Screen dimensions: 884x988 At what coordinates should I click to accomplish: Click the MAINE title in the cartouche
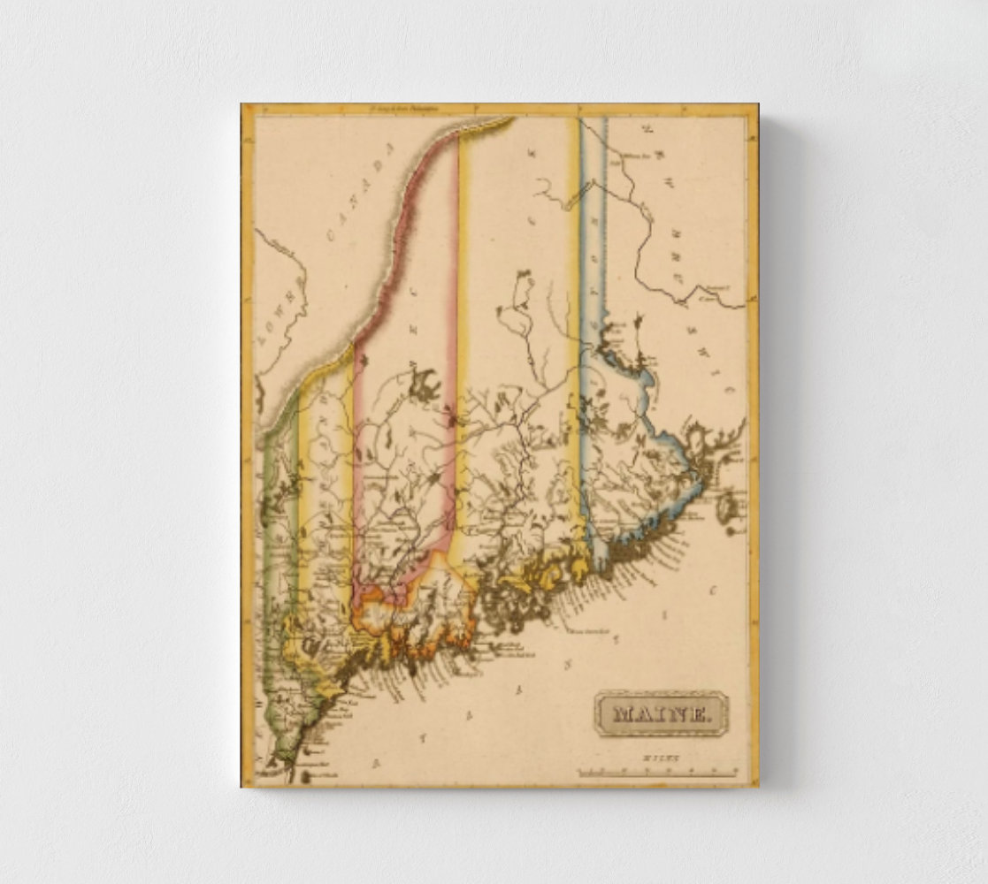pos(662,713)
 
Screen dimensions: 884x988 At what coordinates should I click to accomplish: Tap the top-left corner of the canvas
pos(242,105)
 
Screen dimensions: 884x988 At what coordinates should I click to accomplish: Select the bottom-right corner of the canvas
pos(758,786)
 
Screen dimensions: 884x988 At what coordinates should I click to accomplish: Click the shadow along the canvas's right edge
pos(766,442)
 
